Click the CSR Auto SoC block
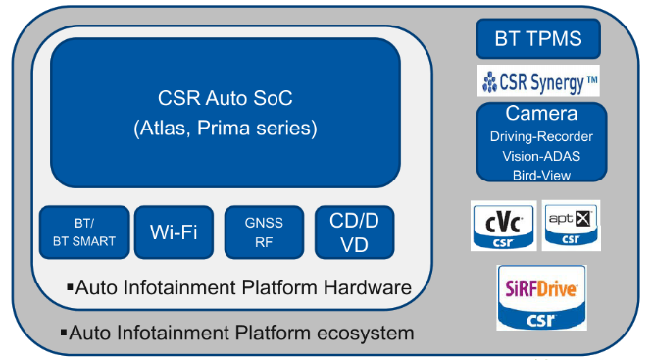[225, 113]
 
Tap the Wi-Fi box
[174, 232]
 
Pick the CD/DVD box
[354, 232]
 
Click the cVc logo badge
[502, 225]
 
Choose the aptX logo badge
[571, 225]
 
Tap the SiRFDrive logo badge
[542, 297]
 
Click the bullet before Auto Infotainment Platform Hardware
[70, 287]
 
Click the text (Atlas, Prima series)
[225, 129]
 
